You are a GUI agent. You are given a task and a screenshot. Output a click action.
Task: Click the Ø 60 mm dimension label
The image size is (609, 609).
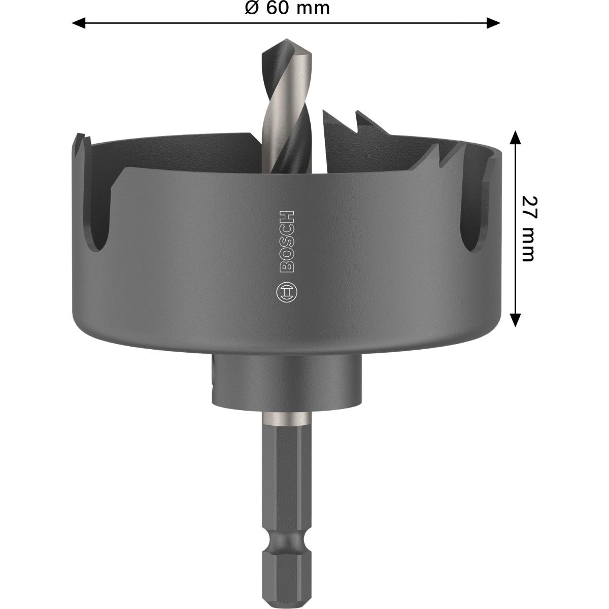pos(286,8)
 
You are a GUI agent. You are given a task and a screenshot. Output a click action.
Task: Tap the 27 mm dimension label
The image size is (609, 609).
pos(528,228)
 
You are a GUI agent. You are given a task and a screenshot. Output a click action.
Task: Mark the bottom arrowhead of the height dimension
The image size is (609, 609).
pos(515,320)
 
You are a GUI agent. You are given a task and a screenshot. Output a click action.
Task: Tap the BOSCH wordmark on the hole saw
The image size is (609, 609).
pos(287,241)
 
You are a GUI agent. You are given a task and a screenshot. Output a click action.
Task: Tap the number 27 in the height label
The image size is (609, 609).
pos(528,207)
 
